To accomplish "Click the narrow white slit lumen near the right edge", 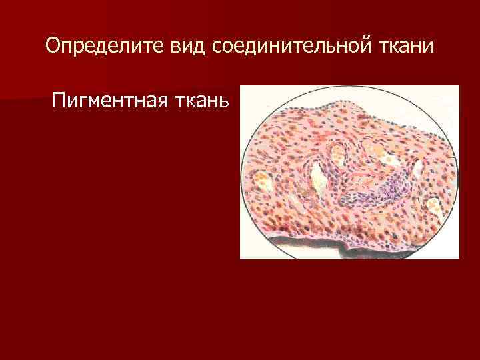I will [x=418, y=171].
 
